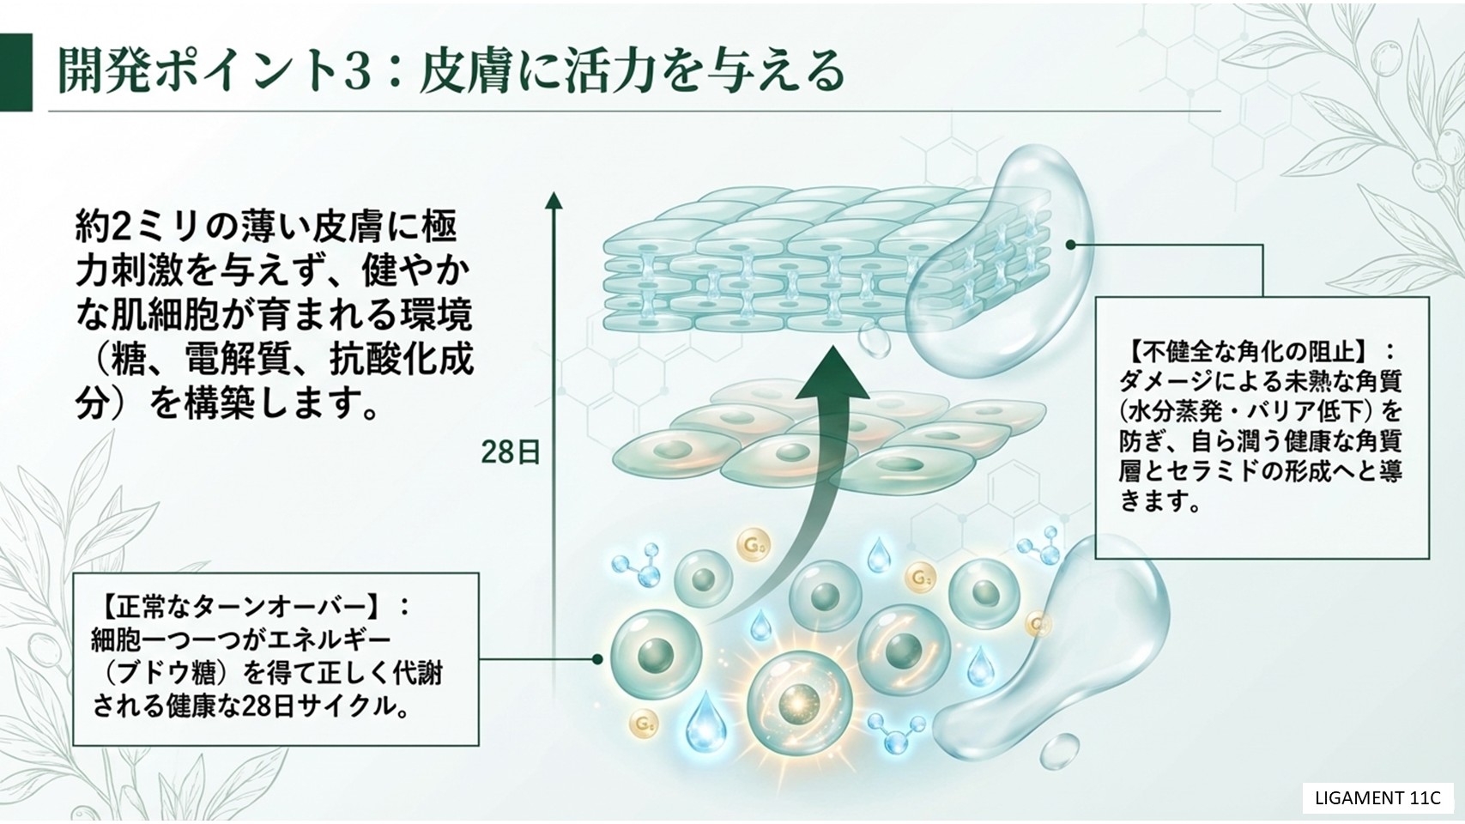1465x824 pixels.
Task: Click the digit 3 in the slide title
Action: pyautogui.click(x=360, y=70)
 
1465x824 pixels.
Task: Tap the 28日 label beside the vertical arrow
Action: pyautogui.click(x=510, y=452)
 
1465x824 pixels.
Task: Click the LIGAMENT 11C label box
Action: pyautogui.click(x=1377, y=797)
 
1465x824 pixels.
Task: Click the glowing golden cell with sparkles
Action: pyautogui.click(x=799, y=704)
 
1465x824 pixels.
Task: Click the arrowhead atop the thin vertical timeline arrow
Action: pyautogui.click(x=554, y=201)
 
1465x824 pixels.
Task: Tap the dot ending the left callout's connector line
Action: pyautogui.click(x=597, y=659)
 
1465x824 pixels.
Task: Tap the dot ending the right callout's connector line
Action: pyautogui.click(x=1070, y=245)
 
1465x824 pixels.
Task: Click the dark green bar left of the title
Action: pyautogui.click(x=16, y=72)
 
